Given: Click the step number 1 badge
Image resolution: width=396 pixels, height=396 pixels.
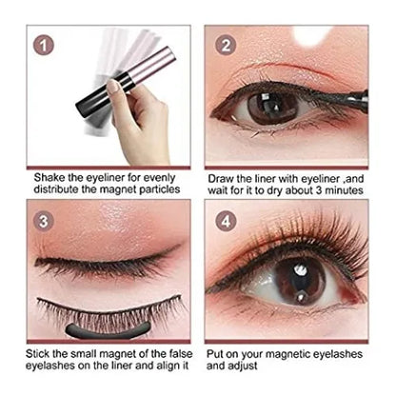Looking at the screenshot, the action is (44, 46).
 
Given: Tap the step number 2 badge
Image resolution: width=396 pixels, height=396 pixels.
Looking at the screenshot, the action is (226, 46).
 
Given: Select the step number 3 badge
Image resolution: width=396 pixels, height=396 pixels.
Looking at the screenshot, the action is (44, 221).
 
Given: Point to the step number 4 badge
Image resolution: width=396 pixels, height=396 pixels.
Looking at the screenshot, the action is (226, 221).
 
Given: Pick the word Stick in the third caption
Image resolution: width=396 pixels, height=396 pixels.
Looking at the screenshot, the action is (37, 353).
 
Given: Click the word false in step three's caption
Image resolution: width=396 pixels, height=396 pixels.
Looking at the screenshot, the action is (181, 353).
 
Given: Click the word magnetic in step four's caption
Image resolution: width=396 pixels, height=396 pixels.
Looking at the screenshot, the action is (287, 354).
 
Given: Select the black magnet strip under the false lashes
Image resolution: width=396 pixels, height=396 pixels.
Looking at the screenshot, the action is (108, 330).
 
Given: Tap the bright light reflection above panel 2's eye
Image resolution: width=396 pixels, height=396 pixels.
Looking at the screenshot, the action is (311, 36).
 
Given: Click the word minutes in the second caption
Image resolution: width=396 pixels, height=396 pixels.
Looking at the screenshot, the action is (344, 190).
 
